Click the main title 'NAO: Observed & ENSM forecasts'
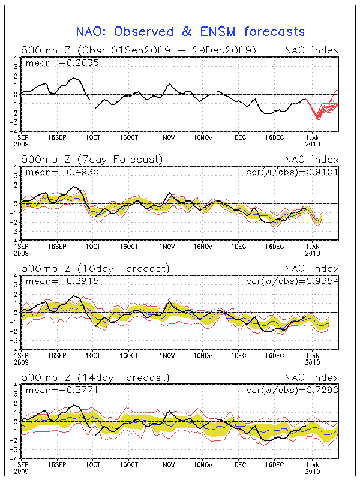pyautogui.click(x=190, y=32)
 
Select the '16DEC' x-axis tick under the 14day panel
pyautogui.click(x=275, y=464)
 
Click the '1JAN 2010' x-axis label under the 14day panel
pyautogui.click(x=313, y=467)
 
